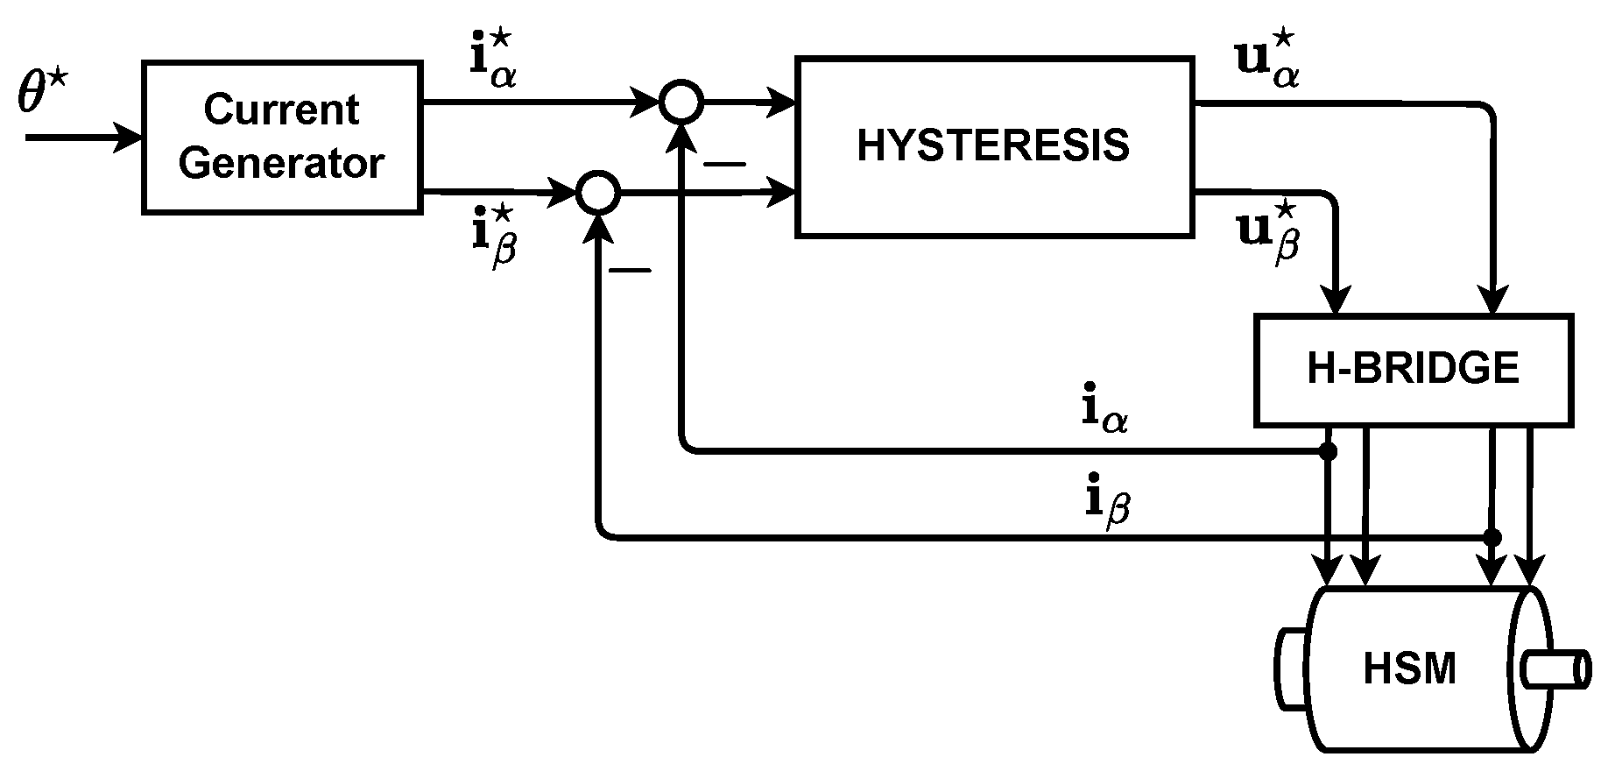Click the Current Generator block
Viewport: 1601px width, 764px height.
click(281, 137)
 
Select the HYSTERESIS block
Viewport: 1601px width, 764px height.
click(993, 146)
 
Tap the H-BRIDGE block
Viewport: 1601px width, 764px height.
click(1413, 370)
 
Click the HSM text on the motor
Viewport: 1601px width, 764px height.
click(1410, 669)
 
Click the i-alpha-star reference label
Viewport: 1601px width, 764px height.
click(492, 61)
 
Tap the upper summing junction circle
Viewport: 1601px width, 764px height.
click(681, 103)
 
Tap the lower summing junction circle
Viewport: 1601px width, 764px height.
click(598, 191)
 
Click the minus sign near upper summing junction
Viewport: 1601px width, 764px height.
click(725, 164)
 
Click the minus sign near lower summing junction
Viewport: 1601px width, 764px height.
click(630, 270)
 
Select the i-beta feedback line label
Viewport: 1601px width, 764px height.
click(1105, 502)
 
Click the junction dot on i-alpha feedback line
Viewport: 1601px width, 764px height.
click(1328, 451)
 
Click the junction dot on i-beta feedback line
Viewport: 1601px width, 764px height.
click(1492, 536)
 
